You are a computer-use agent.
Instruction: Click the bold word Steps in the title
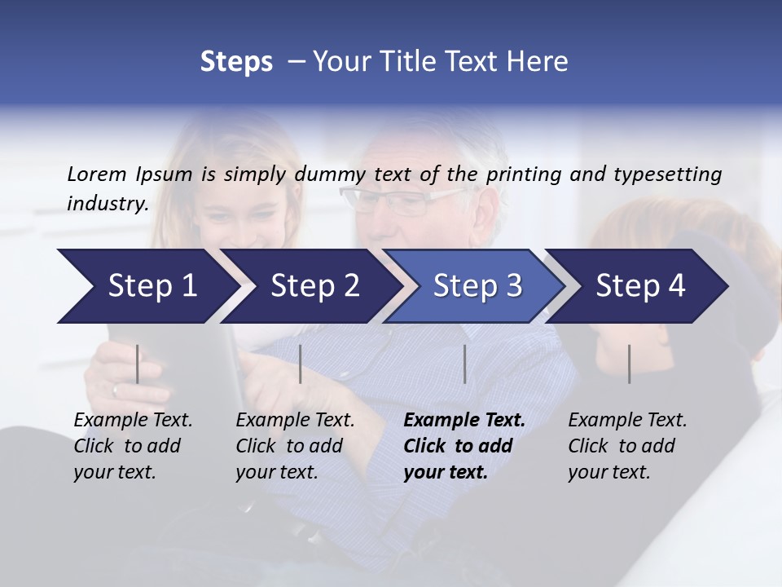click(236, 62)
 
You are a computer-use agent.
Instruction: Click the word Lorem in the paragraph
click(97, 174)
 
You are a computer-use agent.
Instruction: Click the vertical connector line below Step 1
click(138, 364)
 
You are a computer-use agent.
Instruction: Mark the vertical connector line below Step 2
click(301, 364)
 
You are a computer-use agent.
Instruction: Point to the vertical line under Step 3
click(464, 364)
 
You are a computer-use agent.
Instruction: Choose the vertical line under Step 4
click(629, 364)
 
